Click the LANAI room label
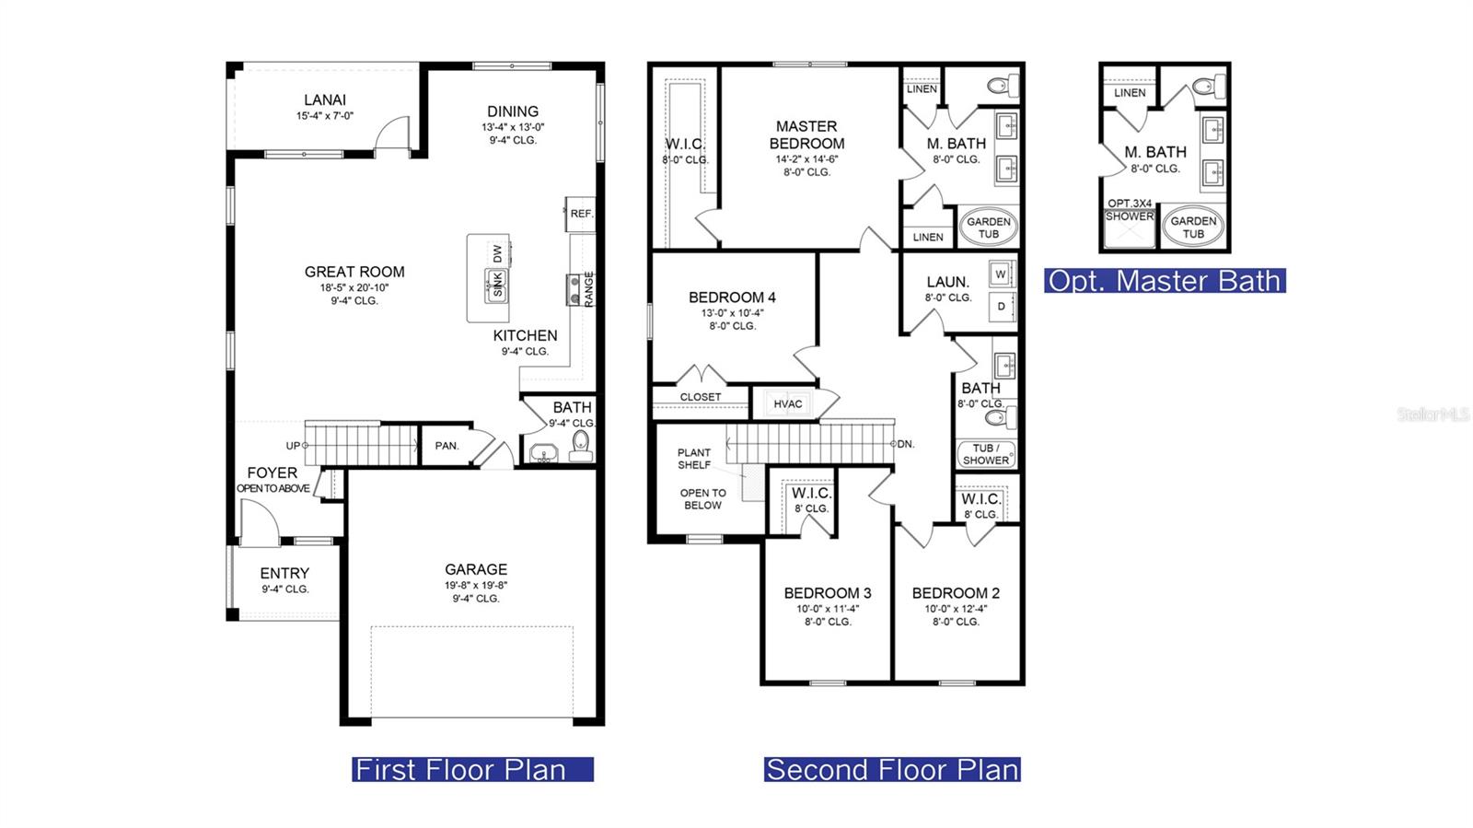pyautogui.click(x=325, y=100)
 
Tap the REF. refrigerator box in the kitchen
pyautogui.click(x=581, y=214)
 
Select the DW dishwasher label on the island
pyautogui.click(x=497, y=253)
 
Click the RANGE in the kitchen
pyautogui.click(x=581, y=289)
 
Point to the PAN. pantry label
pyautogui.click(x=447, y=446)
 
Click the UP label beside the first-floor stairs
pyautogui.click(x=293, y=446)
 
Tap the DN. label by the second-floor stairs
pyautogui.click(x=906, y=444)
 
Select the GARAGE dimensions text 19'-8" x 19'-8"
pyautogui.click(x=475, y=586)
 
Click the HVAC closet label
pyautogui.click(x=788, y=403)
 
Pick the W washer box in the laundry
pyautogui.click(x=1001, y=274)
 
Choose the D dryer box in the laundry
pyautogui.click(x=1002, y=307)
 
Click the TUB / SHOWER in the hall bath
pyautogui.click(x=986, y=454)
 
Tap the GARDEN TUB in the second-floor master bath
pyautogui.click(x=989, y=227)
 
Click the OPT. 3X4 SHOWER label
pyautogui.click(x=1130, y=210)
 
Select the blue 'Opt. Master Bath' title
pyautogui.click(x=1165, y=281)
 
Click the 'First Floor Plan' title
pyautogui.click(x=473, y=769)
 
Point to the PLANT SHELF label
pyautogui.click(x=694, y=459)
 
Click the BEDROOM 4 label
pyautogui.click(x=732, y=297)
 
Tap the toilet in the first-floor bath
pyautogui.click(x=581, y=445)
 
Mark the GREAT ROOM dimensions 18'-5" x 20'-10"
pyautogui.click(x=354, y=287)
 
